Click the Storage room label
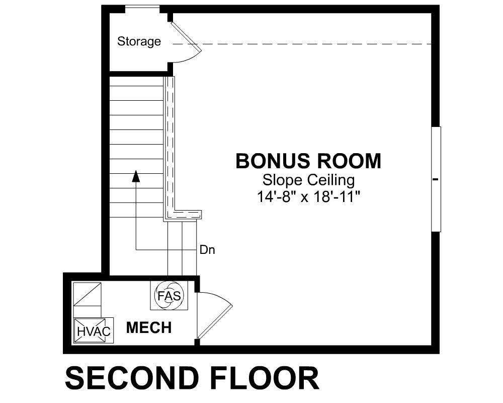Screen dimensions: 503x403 [139, 41]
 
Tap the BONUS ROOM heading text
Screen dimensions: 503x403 [308, 161]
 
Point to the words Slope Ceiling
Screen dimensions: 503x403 [309, 180]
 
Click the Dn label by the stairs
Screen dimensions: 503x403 [207, 250]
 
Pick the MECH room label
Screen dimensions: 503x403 [149, 327]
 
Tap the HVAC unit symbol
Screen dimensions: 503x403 [94, 330]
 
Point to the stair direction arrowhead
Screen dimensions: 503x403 [136, 176]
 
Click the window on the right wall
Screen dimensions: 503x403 [436, 179]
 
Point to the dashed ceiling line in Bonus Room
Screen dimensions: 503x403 [301, 44]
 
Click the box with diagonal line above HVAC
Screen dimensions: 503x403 [87, 294]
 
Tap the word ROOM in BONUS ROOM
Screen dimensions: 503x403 [347, 161]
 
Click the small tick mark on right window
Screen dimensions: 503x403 [435, 179]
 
